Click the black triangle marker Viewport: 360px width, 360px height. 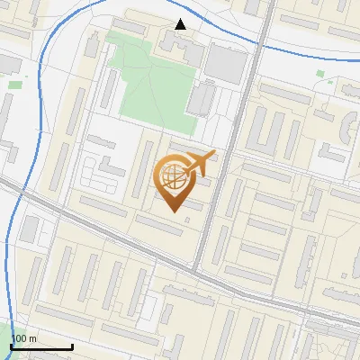(181, 24)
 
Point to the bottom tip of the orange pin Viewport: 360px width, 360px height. (175, 212)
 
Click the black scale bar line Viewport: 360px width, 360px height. (41, 346)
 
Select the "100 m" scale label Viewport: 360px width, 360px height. (24, 337)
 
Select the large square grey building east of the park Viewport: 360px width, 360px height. (226, 63)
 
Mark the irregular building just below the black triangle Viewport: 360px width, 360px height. (171, 42)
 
